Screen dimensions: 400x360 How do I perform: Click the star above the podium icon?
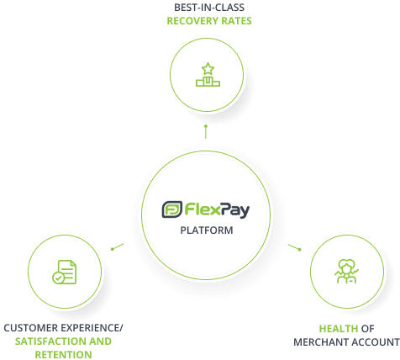tap(208, 69)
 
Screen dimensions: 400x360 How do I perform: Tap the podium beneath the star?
tap(208, 82)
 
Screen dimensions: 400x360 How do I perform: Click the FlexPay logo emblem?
tap(172, 209)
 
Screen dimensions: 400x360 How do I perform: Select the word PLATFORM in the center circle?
tap(207, 230)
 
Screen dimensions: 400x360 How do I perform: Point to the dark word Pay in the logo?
tap(234, 210)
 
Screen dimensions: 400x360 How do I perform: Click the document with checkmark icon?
tap(65, 272)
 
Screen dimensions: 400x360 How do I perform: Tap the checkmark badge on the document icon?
tap(58, 278)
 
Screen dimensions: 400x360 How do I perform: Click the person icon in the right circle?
tap(347, 271)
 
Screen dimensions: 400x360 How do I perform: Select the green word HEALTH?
tap(339, 329)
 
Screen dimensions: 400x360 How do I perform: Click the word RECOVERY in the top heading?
tap(192, 21)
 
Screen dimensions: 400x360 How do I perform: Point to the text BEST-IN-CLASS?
tap(209, 8)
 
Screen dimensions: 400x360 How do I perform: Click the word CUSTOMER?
tap(31, 328)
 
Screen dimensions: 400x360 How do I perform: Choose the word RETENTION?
tap(63, 355)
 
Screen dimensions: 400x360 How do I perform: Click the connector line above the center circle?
tap(206, 132)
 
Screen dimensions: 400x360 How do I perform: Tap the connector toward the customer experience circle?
tap(117, 246)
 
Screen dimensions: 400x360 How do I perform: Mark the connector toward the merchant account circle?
tap(295, 247)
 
